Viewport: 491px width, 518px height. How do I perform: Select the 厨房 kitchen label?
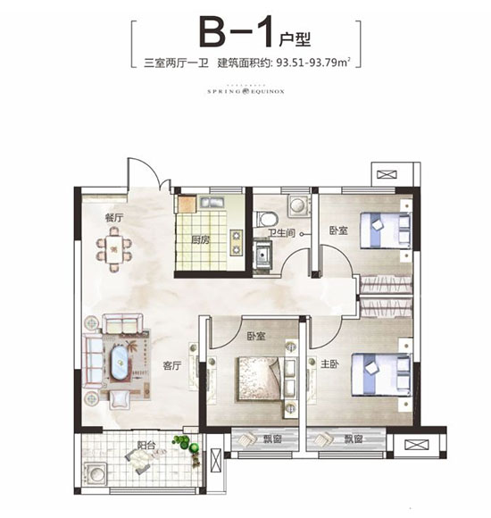click(x=200, y=240)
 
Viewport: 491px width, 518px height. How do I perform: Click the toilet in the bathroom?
click(x=266, y=217)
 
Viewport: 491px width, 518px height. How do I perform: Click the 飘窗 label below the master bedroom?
click(x=347, y=439)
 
